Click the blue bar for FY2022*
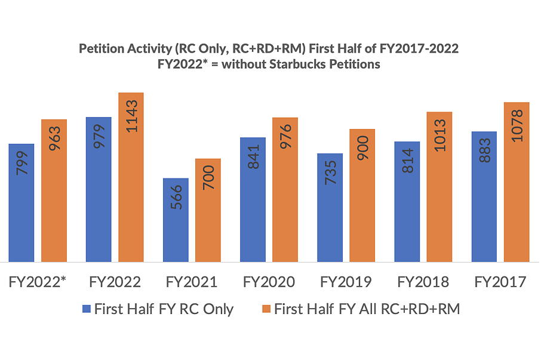[x=21, y=203]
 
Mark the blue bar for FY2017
[x=484, y=196]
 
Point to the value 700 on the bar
[x=208, y=179]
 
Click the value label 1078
[x=517, y=125]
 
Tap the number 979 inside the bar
[x=99, y=137]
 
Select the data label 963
[x=54, y=139]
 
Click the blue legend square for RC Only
[x=86, y=309]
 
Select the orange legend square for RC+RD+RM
[x=266, y=309]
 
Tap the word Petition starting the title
[x=99, y=49]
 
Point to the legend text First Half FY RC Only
[x=164, y=309]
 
